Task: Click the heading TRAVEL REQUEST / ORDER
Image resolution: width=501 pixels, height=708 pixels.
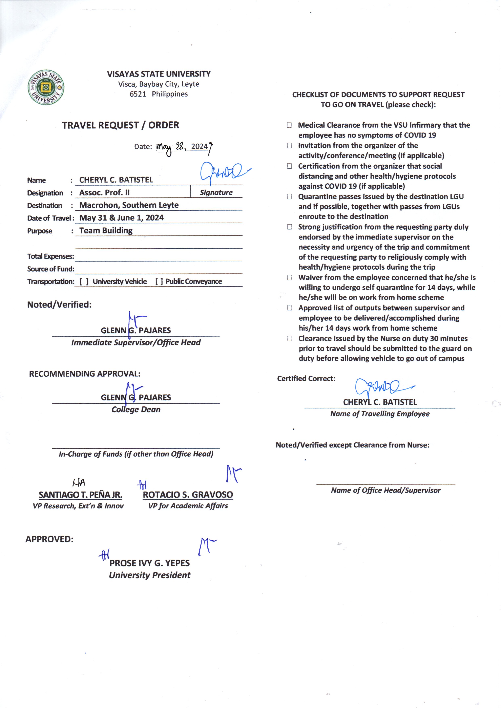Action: tap(120, 125)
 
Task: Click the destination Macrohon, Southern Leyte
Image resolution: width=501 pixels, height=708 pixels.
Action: tap(129, 205)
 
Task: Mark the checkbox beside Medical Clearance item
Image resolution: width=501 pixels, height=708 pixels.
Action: tap(289, 125)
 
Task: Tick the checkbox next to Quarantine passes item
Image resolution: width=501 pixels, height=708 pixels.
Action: tap(289, 196)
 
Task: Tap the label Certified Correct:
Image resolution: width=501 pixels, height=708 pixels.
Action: tap(306, 378)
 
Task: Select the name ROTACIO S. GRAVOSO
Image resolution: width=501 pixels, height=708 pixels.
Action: tap(188, 495)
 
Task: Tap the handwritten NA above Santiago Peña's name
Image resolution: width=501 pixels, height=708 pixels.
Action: tap(79, 483)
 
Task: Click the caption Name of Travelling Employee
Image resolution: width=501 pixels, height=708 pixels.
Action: tap(380, 414)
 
